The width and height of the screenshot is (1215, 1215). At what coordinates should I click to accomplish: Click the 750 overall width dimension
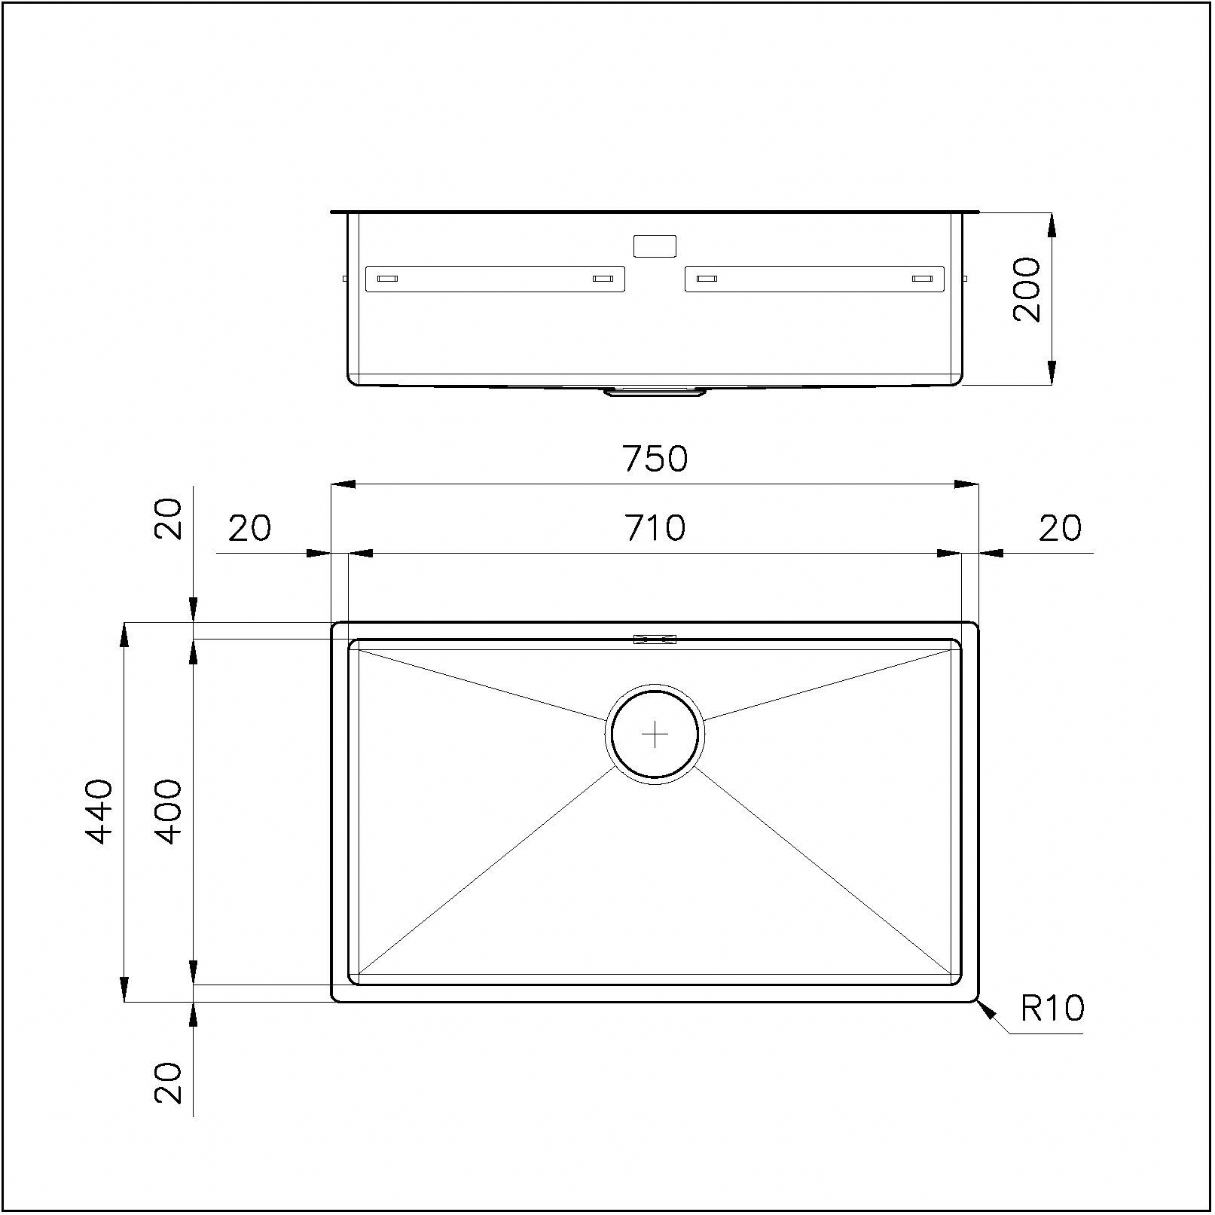click(x=655, y=459)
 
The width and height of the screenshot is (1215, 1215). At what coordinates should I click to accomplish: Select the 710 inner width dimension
click(x=655, y=528)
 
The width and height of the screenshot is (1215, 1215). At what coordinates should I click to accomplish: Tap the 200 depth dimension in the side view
click(x=1027, y=290)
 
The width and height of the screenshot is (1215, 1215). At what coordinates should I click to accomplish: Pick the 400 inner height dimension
click(x=167, y=811)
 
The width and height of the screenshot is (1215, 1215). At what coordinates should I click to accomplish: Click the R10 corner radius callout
click(x=1052, y=1008)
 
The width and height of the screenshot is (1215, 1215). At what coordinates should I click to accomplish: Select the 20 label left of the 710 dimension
click(x=249, y=528)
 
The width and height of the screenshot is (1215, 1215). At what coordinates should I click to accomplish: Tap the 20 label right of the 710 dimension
click(x=1060, y=528)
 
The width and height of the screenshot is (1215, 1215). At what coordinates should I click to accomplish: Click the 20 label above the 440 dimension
click(x=168, y=518)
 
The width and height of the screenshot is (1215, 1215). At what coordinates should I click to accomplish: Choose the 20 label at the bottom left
click(x=168, y=1083)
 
